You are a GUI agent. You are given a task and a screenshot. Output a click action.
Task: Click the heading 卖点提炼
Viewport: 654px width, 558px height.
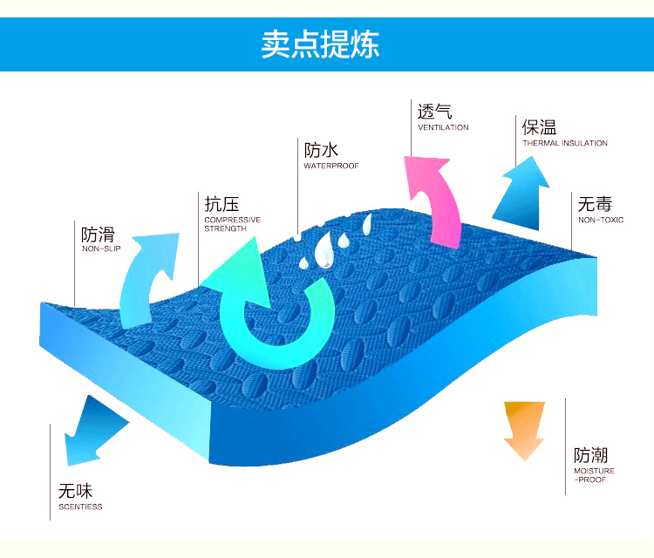(320, 44)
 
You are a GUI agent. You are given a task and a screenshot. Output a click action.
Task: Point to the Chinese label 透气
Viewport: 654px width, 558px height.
(434, 112)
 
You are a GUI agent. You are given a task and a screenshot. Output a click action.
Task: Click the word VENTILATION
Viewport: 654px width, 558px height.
(443, 127)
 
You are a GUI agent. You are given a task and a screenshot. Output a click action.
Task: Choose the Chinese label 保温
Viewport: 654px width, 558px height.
(539, 127)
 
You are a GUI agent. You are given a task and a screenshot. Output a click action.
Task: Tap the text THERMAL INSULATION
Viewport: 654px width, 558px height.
(565, 143)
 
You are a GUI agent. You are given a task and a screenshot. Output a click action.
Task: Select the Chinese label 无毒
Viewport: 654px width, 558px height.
(595, 204)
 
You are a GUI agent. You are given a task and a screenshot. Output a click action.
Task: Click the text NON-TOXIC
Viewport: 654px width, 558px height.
(601, 220)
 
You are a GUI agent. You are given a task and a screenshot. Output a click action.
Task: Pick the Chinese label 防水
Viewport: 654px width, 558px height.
(321, 150)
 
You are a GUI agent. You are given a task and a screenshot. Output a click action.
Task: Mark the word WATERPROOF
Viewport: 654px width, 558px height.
(330, 166)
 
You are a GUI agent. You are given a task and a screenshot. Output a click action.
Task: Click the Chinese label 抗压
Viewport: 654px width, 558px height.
(221, 205)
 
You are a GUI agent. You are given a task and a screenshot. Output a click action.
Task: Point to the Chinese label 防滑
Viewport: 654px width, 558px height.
(98, 235)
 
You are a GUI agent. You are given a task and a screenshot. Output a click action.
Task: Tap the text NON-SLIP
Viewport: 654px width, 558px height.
(101, 249)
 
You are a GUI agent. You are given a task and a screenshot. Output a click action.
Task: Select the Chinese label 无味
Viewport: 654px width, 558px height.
(75, 491)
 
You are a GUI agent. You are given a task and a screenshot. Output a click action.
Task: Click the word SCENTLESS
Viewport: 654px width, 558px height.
(80, 507)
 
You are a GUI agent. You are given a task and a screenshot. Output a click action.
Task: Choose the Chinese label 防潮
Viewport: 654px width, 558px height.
(590, 455)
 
